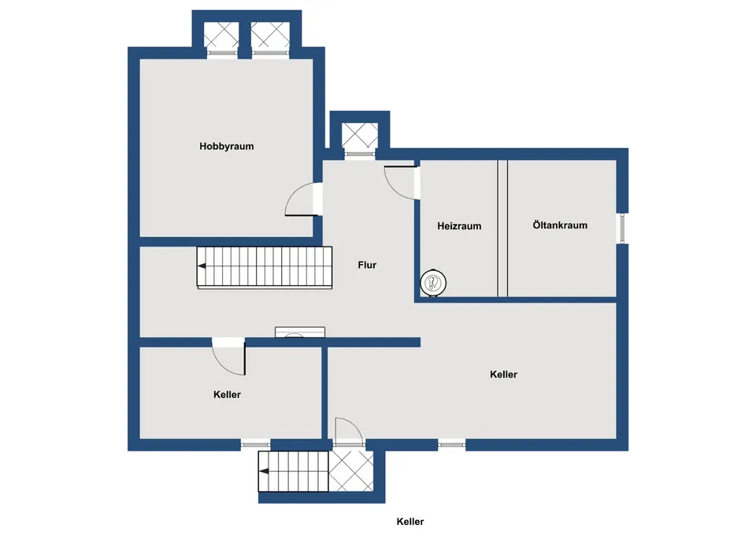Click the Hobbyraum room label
click(x=227, y=147)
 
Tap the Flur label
click(x=367, y=265)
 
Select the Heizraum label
click(x=459, y=226)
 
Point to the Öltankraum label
click(x=560, y=225)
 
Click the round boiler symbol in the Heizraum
click(x=433, y=283)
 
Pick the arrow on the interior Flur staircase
click(x=202, y=266)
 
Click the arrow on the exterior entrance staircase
click(x=264, y=471)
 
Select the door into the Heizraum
click(x=401, y=182)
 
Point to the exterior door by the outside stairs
click(x=349, y=431)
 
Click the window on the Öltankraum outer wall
click(x=622, y=228)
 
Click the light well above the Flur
click(x=360, y=136)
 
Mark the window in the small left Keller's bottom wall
click(x=255, y=444)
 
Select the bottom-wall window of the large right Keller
click(x=452, y=444)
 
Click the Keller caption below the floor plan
click(x=410, y=522)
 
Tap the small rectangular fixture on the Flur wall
click(x=300, y=332)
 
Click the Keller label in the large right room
click(x=503, y=374)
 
